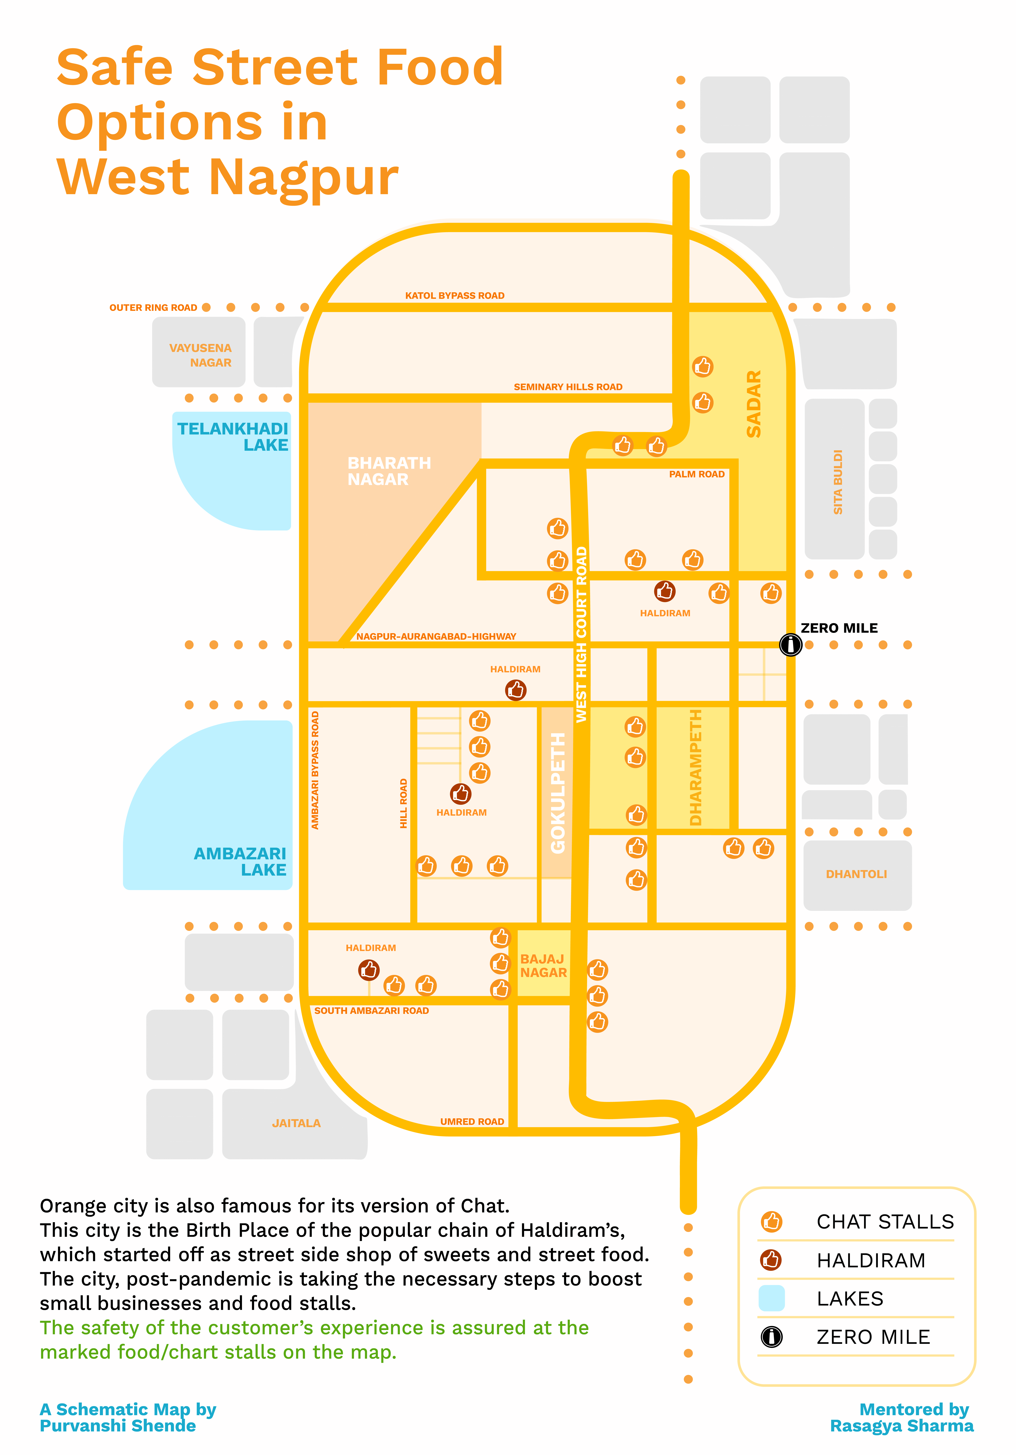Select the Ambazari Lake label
[240, 861]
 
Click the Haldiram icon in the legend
[771, 1260]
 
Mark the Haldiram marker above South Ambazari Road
[369, 970]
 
